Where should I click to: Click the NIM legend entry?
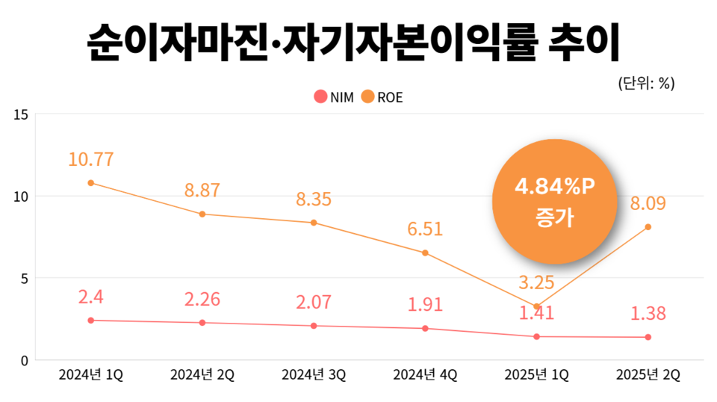coord(334,97)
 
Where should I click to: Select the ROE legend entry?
coord(382,97)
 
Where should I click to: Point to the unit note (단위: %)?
coord(646,84)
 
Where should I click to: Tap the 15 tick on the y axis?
coord(20,114)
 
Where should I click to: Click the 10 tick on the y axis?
coord(20,197)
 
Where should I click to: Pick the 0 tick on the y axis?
coord(23,360)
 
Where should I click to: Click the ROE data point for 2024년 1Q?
coord(91,183)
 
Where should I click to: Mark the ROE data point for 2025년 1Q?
coord(537,306)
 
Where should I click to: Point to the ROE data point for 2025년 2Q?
coord(648,227)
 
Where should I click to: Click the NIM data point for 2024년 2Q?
coord(202,323)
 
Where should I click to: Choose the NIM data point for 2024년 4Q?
coord(425,328)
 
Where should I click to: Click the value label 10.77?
coord(91,159)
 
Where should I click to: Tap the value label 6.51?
coord(425,229)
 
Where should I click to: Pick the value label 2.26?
coord(202,300)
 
